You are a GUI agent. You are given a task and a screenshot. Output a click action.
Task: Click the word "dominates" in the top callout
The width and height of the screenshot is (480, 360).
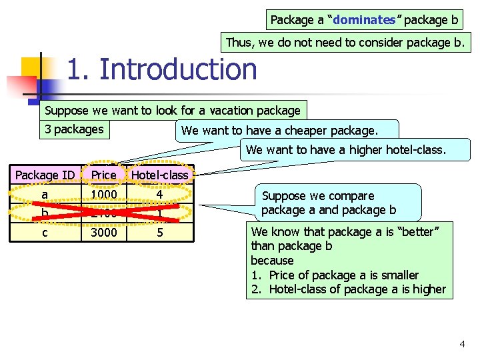coord(364,20)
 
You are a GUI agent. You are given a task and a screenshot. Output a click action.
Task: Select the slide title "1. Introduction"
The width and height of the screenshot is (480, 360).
coord(162,69)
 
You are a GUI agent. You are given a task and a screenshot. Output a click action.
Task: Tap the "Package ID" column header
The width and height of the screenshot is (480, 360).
coord(45,175)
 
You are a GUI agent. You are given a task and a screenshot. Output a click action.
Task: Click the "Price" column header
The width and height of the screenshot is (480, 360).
coord(104,175)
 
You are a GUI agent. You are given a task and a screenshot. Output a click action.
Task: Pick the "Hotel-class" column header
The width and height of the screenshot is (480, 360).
coord(160,175)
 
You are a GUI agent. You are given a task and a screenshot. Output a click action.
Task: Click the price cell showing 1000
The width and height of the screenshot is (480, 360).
coord(104,195)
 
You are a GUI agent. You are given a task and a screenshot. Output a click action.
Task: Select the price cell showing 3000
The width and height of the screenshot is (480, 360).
coord(104,233)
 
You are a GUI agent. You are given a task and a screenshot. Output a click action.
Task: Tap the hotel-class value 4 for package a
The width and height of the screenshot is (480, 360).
coord(160,195)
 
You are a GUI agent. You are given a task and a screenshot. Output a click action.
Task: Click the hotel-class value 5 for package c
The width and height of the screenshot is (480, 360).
coord(160,233)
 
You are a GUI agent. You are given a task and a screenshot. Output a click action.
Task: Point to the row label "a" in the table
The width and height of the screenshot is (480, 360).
coord(45,195)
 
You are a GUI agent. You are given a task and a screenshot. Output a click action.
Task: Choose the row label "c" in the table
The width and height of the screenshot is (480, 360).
coord(45,233)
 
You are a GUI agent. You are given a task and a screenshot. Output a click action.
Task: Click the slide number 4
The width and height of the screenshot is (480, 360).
coord(462,344)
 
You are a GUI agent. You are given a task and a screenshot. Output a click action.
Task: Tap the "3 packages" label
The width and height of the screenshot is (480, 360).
coord(74,129)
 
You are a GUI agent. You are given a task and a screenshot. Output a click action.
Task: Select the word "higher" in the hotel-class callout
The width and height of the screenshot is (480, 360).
coord(369,150)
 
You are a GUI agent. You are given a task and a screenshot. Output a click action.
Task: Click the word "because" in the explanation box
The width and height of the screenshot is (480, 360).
coord(272,261)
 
